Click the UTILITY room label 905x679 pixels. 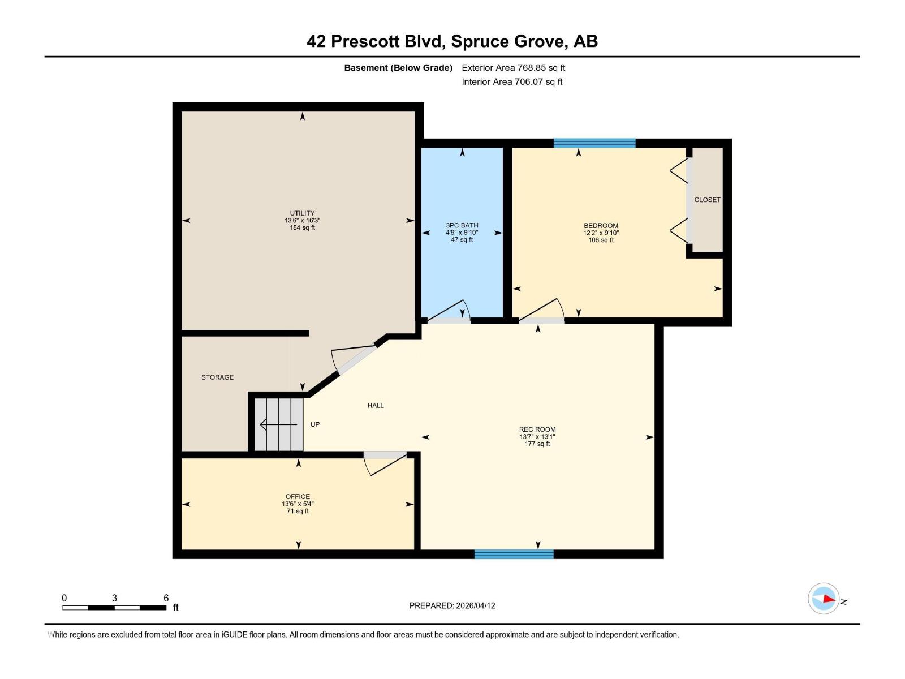pyautogui.click(x=302, y=213)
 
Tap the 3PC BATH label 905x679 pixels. pyautogui.click(x=462, y=225)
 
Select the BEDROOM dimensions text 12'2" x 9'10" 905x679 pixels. pyautogui.click(x=601, y=233)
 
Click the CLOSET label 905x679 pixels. pyautogui.click(x=707, y=200)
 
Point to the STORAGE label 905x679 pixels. pyautogui.click(x=217, y=377)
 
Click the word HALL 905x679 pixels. pyautogui.click(x=376, y=405)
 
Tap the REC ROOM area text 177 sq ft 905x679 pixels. pyautogui.click(x=537, y=444)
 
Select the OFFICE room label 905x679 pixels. pyautogui.click(x=298, y=496)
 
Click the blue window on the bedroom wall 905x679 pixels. pyautogui.click(x=594, y=143)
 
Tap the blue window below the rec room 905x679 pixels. pyautogui.click(x=514, y=554)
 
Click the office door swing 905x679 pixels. pyautogui.click(x=385, y=462)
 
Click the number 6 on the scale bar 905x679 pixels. pyautogui.click(x=166, y=598)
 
